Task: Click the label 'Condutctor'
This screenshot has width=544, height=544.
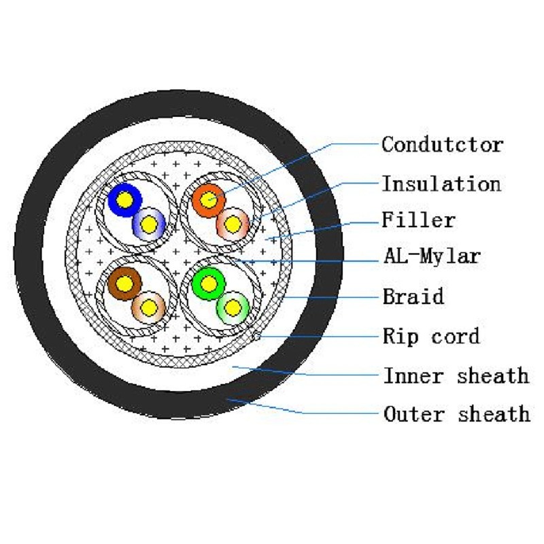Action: (443, 144)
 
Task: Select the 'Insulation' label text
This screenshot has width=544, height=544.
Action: (441, 184)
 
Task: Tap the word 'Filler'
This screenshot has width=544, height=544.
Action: (418, 220)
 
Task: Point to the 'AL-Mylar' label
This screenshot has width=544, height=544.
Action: (432, 256)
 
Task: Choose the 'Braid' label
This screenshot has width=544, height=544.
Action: (413, 296)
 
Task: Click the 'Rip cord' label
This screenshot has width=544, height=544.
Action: (431, 336)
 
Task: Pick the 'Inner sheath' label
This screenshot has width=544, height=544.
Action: (456, 375)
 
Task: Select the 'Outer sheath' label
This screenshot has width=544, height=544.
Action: (457, 414)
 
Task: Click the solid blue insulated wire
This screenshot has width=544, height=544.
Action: (125, 200)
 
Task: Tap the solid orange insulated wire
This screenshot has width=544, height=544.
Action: (209, 200)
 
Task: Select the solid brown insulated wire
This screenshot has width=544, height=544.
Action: (124, 284)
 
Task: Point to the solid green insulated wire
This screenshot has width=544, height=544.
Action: (209, 284)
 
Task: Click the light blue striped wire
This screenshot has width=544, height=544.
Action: (149, 224)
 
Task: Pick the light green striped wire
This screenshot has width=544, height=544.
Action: (233, 308)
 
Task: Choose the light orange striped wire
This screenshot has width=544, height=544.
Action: (233, 224)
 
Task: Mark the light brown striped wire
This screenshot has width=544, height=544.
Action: (149, 308)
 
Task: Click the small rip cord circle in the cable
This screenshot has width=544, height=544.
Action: (257, 335)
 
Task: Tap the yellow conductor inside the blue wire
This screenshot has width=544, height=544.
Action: (125, 200)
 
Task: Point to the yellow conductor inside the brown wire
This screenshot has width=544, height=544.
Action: (124, 284)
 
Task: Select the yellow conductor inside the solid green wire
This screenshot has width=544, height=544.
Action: (209, 284)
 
